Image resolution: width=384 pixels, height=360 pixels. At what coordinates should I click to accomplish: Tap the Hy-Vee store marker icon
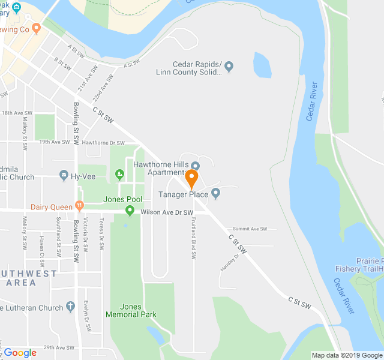64,176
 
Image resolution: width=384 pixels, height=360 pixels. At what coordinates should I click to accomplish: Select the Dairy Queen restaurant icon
79,206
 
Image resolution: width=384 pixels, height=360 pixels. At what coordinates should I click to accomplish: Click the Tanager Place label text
183,194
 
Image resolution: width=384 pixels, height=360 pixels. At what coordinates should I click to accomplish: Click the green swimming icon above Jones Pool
119,175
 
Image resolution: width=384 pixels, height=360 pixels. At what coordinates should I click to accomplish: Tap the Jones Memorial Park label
131,310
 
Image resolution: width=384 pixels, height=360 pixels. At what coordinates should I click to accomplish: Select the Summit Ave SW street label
250,229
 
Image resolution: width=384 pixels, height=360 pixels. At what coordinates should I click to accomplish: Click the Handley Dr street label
230,262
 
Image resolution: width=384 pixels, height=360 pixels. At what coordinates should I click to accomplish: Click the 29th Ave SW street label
58,347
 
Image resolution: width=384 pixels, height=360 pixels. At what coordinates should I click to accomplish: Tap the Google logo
20,353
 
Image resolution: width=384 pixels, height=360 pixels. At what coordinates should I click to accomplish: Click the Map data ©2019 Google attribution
346,355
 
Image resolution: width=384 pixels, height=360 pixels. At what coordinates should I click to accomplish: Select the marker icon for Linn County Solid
229,66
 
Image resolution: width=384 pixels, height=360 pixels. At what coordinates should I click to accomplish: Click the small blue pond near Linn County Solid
262,65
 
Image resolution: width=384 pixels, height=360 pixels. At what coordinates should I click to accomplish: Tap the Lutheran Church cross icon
71,307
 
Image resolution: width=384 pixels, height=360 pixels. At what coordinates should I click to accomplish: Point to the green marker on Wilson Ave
130,210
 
